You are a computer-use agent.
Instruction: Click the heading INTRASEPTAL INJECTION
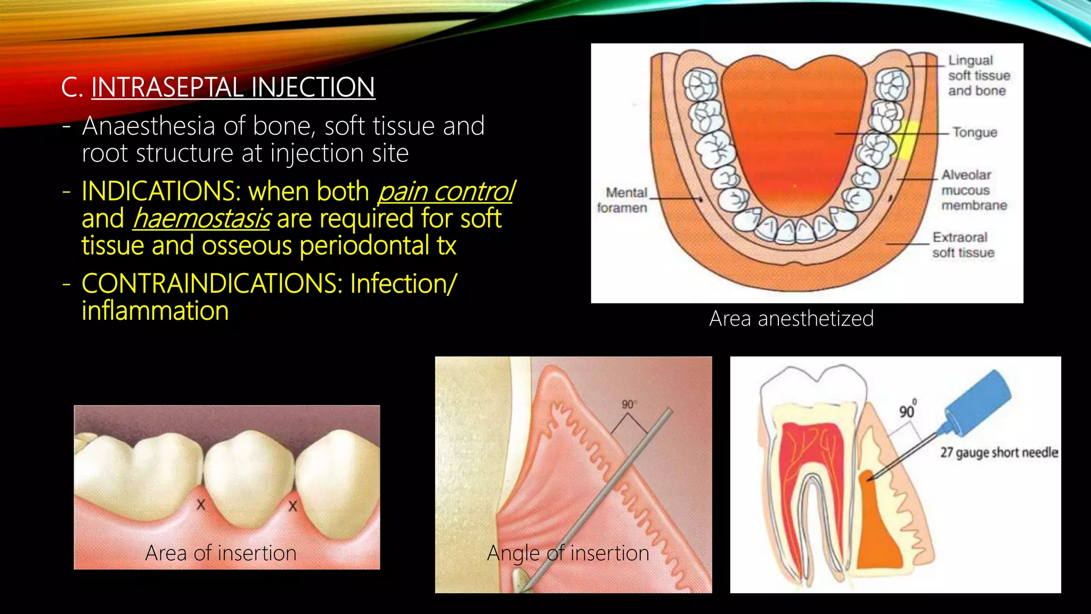[x=233, y=87]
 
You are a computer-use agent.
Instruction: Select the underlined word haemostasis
[x=201, y=219]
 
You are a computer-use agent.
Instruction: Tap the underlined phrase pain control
[x=445, y=192]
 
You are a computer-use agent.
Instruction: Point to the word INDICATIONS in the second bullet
[x=161, y=192]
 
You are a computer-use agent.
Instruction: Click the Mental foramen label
[x=622, y=200]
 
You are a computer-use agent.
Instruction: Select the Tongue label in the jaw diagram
[x=974, y=132]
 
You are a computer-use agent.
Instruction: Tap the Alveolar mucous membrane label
[x=973, y=190]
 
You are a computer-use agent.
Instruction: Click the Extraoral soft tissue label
[x=963, y=245]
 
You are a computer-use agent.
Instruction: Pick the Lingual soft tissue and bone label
[x=978, y=76]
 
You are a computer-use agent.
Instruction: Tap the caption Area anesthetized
[x=791, y=319]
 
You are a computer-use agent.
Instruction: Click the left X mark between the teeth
[x=201, y=504]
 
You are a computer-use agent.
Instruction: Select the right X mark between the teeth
[x=292, y=506]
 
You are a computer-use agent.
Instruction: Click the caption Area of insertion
[x=221, y=553]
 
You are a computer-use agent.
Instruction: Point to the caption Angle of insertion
[x=568, y=553]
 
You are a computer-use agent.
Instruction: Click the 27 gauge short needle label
[x=999, y=453]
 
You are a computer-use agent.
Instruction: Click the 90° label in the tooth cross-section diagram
[x=907, y=410]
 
